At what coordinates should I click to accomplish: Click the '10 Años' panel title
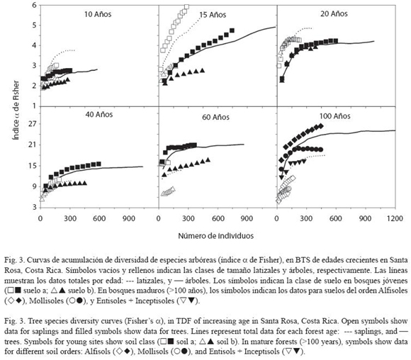[x=98, y=14]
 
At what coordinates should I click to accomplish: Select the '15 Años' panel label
[x=213, y=15]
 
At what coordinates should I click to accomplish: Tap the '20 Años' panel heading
[x=334, y=13]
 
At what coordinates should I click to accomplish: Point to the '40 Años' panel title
[x=99, y=115]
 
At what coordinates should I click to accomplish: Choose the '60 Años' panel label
[x=215, y=117]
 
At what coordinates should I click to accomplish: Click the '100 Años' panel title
[x=334, y=116]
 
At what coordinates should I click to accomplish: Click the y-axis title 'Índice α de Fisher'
[x=16, y=110]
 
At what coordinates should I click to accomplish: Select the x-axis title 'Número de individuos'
[x=216, y=236]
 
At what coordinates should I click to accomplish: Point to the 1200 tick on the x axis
[x=395, y=218]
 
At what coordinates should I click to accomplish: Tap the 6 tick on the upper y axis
[x=34, y=5]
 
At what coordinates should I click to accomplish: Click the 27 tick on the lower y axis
[x=33, y=123]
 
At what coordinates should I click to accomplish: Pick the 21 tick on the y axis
[x=33, y=145]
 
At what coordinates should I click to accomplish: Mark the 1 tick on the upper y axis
[x=34, y=106]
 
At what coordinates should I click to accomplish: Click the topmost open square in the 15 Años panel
[x=186, y=7]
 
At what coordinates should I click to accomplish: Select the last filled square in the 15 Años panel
[x=232, y=30]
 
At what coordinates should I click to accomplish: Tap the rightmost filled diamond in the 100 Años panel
[x=321, y=126]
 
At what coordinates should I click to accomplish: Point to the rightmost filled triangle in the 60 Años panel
[x=208, y=159]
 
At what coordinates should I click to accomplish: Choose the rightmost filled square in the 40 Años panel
[x=98, y=164]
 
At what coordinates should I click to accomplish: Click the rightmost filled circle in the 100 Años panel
[x=321, y=150]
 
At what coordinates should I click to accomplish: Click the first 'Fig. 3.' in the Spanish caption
[x=14, y=260]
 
